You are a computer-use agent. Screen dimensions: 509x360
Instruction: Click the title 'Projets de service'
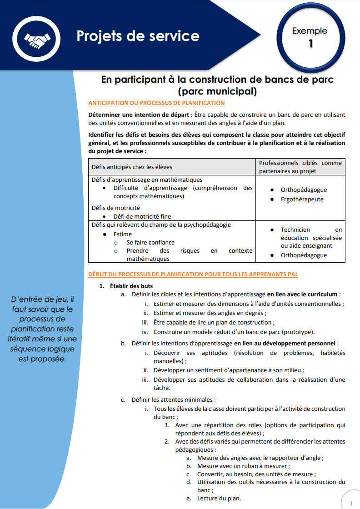pyautogui.click(x=138, y=36)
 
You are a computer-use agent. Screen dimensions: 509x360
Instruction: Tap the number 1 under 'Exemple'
pyautogui.click(x=310, y=44)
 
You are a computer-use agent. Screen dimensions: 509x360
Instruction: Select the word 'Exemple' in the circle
pyautogui.click(x=310, y=31)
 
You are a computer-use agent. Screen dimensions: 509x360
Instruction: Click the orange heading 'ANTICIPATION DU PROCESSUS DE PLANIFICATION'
pyautogui.click(x=156, y=103)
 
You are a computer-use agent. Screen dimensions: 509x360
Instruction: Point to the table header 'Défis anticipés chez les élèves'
pyautogui.click(x=132, y=167)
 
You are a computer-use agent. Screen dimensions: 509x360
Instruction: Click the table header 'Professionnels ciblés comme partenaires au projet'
pyautogui.click(x=300, y=167)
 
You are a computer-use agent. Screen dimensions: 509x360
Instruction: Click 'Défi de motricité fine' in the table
pyautogui.click(x=142, y=216)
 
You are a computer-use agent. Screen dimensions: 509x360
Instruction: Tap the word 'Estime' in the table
pyautogui.click(x=123, y=234)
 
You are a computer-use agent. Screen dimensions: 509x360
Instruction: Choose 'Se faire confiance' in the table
pyautogui.click(x=150, y=242)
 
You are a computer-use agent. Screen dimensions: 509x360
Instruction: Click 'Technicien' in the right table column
pyautogui.click(x=295, y=230)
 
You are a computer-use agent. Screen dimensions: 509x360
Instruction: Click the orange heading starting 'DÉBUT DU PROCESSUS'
pyautogui.click(x=193, y=274)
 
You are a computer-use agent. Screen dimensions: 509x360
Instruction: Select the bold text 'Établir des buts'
pyautogui.click(x=131, y=286)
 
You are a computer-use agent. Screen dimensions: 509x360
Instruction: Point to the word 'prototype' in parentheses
pyautogui.click(x=298, y=332)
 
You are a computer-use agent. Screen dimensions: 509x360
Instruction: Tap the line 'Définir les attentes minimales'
pyautogui.click(x=173, y=400)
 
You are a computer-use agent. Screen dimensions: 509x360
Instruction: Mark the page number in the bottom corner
pyautogui.click(x=351, y=503)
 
